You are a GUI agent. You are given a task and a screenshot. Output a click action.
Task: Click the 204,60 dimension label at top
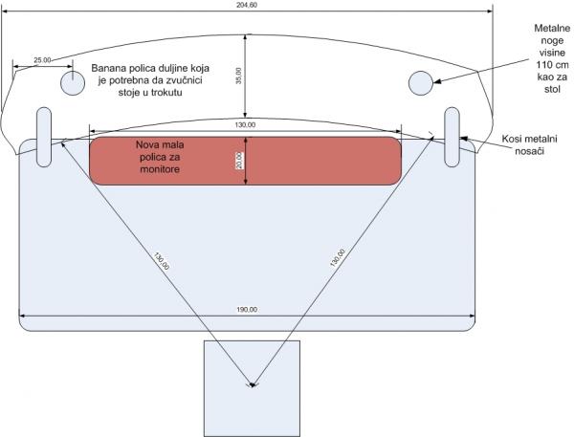tap(248, 4)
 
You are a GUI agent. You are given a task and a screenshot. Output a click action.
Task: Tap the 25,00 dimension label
tap(42, 59)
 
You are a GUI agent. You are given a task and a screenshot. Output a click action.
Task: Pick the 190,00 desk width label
tap(247, 309)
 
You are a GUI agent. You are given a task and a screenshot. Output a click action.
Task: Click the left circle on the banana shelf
tap(74, 83)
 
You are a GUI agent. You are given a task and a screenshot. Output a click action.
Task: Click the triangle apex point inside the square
tap(252, 385)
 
